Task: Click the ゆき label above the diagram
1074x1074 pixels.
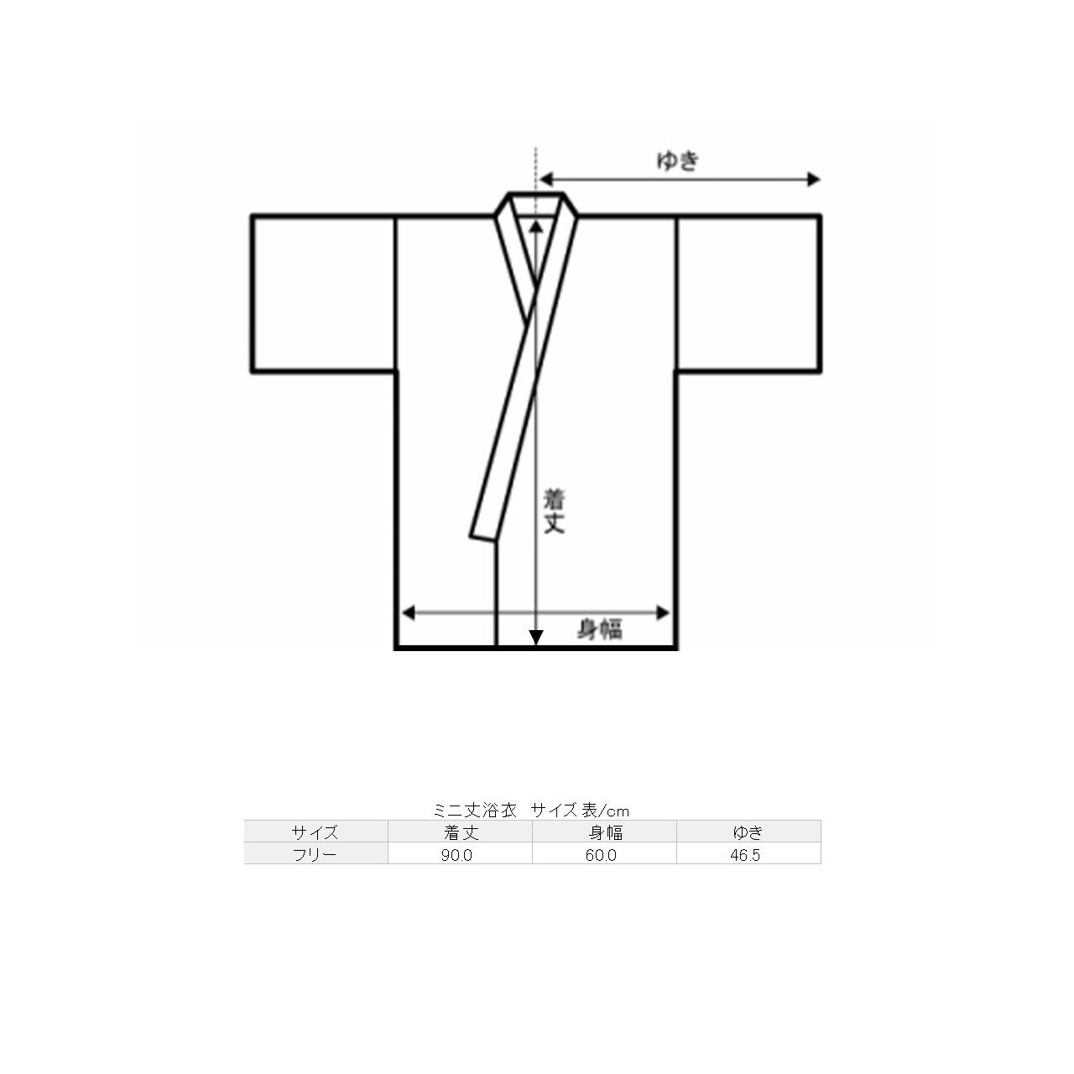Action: [678, 161]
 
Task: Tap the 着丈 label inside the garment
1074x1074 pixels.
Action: [554, 511]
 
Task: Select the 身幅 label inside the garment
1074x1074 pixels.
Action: [599, 629]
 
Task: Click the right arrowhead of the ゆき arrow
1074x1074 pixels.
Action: [814, 180]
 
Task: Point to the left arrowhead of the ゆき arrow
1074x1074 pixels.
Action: [546, 180]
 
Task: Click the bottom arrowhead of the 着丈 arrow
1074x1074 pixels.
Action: [536, 638]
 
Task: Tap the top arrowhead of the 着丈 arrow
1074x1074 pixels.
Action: [536, 227]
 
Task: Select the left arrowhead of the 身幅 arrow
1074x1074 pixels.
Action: [409, 613]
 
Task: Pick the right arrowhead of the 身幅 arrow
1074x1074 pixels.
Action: [663, 613]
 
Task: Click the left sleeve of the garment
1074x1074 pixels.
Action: [324, 293]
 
